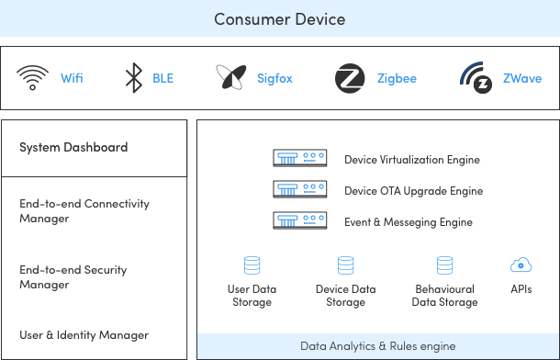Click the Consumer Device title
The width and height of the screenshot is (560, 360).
click(279, 18)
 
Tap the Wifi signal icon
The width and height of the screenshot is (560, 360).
click(31, 78)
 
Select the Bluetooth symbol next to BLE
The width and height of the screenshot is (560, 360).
click(134, 78)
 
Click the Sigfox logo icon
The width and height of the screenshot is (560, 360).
click(230, 78)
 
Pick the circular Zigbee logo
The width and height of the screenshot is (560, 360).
click(350, 78)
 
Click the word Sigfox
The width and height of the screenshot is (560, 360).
click(274, 79)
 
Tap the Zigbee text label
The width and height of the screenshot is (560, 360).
click(397, 79)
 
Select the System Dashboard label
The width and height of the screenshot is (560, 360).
click(73, 147)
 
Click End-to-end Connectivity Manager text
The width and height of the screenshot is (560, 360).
click(84, 211)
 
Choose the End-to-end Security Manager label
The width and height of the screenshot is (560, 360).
click(73, 277)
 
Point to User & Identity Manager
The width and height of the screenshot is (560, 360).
click(84, 335)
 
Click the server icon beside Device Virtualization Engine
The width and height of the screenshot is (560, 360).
click(300, 159)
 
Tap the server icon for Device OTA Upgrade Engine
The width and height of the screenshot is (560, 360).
click(300, 190)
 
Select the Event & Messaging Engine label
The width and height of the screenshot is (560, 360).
click(409, 222)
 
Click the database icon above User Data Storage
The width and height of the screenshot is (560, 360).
click(252, 266)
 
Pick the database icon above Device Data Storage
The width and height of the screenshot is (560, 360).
click(345, 266)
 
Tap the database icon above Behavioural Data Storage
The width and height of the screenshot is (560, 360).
click(445, 266)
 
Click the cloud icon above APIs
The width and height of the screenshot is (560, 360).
click(521, 265)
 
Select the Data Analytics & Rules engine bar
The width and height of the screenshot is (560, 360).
click(377, 346)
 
